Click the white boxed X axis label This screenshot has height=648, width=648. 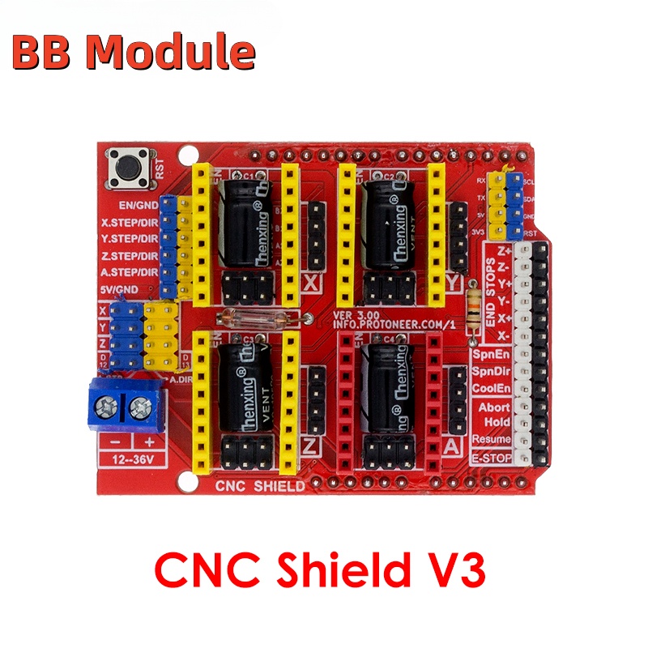[312, 284]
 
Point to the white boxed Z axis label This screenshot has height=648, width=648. [312, 446]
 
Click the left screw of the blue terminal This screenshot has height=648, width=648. [105, 404]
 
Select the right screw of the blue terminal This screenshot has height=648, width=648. [139, 404]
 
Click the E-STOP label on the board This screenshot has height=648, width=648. [491, 458]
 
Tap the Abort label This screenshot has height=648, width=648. [494, 407]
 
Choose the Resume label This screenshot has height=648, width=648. [492, 438]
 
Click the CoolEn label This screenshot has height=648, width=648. [492, 388]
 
